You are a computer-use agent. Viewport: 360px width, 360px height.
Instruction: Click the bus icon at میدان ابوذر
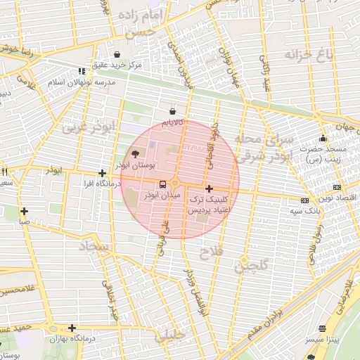point(163,185)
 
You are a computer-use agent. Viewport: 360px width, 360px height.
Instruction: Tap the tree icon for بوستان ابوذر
point(136,154)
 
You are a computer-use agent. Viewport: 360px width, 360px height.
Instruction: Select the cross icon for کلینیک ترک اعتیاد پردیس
point(209,188)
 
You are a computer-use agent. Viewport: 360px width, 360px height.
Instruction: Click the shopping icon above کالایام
point(173,111)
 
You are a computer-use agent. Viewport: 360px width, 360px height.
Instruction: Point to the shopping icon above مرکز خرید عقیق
point(116,54)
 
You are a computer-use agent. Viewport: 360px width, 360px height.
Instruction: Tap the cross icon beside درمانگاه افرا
point(103,173)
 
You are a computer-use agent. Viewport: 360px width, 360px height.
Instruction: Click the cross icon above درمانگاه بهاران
point(72,328)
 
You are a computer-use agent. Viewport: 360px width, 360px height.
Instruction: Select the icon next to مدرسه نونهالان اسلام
point(82,71)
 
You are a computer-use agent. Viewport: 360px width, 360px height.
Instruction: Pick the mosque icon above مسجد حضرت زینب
point(323,138)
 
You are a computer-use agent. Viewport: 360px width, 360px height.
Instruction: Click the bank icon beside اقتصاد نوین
point(337,187)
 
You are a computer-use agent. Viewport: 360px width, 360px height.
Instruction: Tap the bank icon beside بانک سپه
point(304,200)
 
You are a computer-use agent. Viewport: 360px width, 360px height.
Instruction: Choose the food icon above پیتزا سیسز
point(323,328)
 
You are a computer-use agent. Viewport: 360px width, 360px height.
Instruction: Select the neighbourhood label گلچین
point(251,266)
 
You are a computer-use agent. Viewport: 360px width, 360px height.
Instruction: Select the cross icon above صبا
point(25,210)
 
